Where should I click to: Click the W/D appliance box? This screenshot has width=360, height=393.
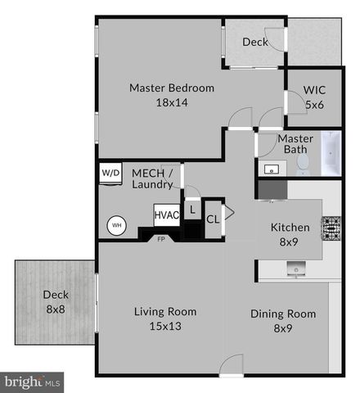pos(110,173)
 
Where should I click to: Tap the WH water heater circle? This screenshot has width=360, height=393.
pos(117,225)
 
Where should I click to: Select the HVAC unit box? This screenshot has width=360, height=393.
pos(167,215)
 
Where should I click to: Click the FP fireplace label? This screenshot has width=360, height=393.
pos(161,239)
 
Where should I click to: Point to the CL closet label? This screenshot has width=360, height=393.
pos(213,219)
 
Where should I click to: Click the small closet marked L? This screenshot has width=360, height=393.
pos(192,210)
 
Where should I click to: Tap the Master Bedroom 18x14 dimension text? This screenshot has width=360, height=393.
pos(172,102)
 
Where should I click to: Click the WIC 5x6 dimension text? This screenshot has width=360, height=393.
pos(314,105)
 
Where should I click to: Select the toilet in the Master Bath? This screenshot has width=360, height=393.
pos(302,165)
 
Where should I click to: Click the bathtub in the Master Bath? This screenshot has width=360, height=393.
pos(331,153)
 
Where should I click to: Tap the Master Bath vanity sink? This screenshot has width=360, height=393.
pos(272,169)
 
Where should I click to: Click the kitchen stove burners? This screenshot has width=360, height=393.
pos(331,228)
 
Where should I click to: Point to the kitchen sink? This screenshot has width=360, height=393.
pos(296,268)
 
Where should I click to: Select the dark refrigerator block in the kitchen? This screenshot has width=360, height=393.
pos(272,189)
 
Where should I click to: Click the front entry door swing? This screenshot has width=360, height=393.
pos(232,364)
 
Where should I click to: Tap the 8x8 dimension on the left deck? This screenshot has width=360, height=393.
pos(56,309)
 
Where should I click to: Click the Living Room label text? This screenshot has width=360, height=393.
pos(165,312)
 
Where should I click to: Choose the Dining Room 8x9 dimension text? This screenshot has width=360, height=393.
pos(283,328)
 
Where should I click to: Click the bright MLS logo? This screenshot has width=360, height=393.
pos(32,382)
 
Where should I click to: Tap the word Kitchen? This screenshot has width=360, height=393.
pos(290,228)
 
